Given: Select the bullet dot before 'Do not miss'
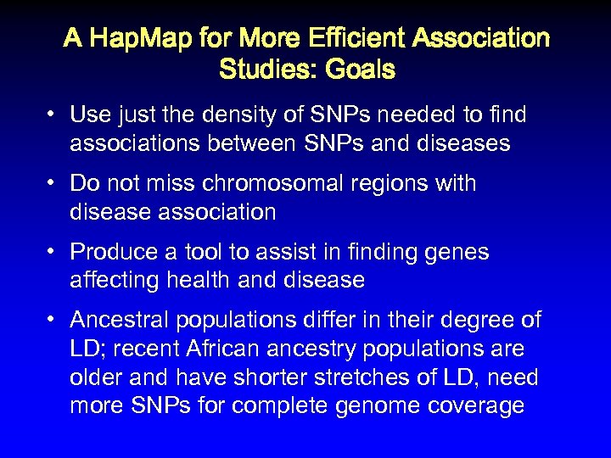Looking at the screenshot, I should click(53, 183).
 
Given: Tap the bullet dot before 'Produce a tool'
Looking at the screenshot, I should click(53, 252).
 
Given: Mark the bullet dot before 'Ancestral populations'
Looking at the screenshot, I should click(53, 321).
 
